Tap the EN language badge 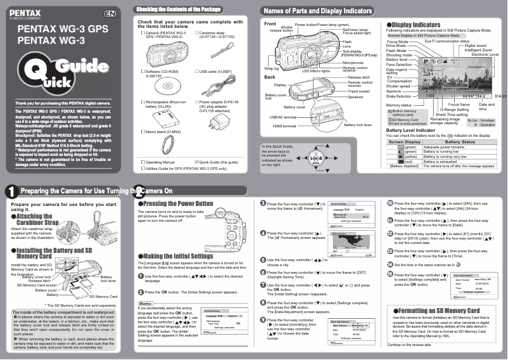(x=110, y=13)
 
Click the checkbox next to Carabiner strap (x=196, y=32)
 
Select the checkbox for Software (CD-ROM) (x=143, y=72)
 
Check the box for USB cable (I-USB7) (x=196, y=72)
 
